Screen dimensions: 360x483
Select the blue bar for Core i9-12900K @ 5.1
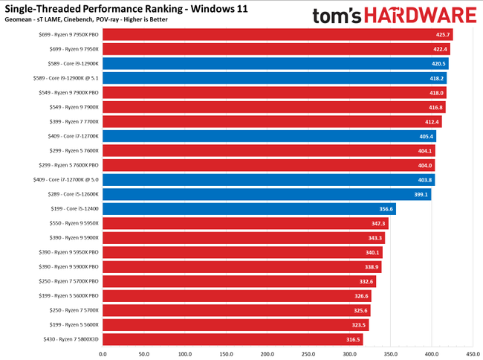click(x=274, y=78)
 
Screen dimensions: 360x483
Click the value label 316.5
click(x=351, y=339)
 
